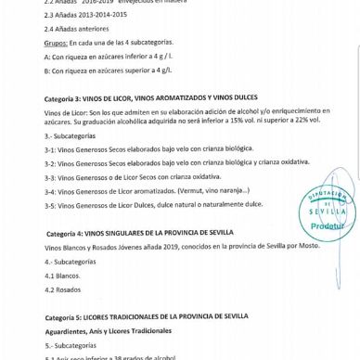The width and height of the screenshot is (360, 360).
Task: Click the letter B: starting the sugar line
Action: [47, 71]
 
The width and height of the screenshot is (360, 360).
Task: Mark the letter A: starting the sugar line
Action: [47, 57]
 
